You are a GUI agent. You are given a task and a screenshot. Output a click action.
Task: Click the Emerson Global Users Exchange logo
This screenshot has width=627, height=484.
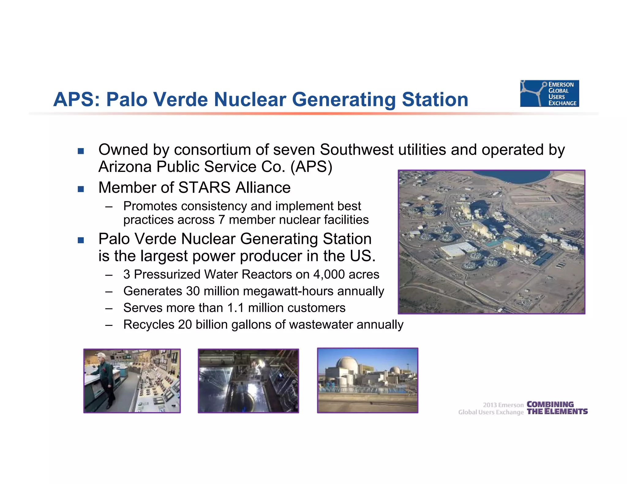[549, 93]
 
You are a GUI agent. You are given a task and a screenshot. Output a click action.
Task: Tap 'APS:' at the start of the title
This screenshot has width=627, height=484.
[77, 99]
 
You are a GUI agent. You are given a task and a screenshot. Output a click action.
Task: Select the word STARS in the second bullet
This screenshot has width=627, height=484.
[204, 188]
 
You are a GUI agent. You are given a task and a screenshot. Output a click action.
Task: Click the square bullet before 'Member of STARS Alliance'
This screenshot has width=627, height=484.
[81, 189]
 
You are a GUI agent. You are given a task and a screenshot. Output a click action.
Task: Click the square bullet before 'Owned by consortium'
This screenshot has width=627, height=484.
[81, 151]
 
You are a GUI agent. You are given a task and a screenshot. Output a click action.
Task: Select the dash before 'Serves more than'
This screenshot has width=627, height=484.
[109, 308]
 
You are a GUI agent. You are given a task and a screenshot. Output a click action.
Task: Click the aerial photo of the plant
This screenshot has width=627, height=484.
[491, 242]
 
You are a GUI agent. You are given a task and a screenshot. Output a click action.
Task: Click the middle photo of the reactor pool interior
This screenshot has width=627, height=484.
[248, 381]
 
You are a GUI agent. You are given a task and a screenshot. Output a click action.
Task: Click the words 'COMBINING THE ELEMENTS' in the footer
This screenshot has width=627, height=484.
[557, 408]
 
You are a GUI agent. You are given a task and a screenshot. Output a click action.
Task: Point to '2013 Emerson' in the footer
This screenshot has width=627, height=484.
[503, 405]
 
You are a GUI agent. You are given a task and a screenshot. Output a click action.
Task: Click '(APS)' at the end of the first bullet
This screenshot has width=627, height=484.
[311, 167]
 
